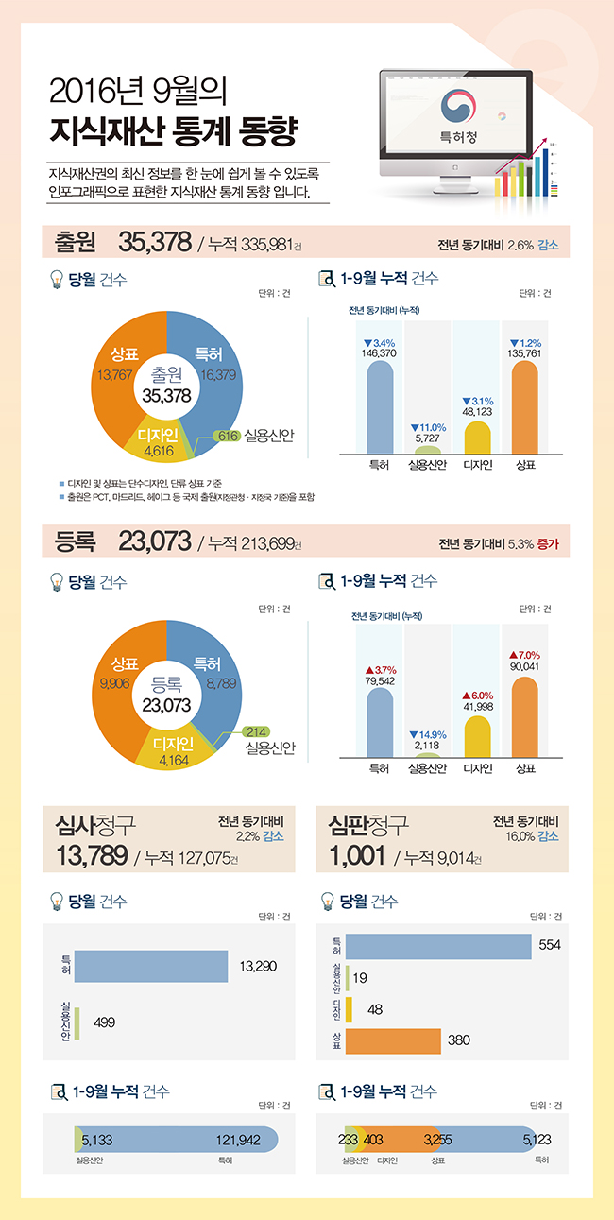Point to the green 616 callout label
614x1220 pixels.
(x=226, y=436)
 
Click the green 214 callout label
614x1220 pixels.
(x=255, y=731)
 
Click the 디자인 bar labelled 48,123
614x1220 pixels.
(x=477, y=437)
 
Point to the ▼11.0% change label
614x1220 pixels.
(x=428, y=427)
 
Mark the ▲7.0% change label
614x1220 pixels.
(x=524, y=655)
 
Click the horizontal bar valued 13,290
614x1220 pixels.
(x=151, y=966)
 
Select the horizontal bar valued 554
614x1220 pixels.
(x=438, y=946)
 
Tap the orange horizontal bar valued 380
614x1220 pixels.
(x=393, y=1040)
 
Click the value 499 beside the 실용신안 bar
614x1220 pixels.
(x=105, y=1022)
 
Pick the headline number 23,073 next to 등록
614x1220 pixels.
(x=155, y=541)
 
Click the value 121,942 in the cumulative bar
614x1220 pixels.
(x=238, y=1141)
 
